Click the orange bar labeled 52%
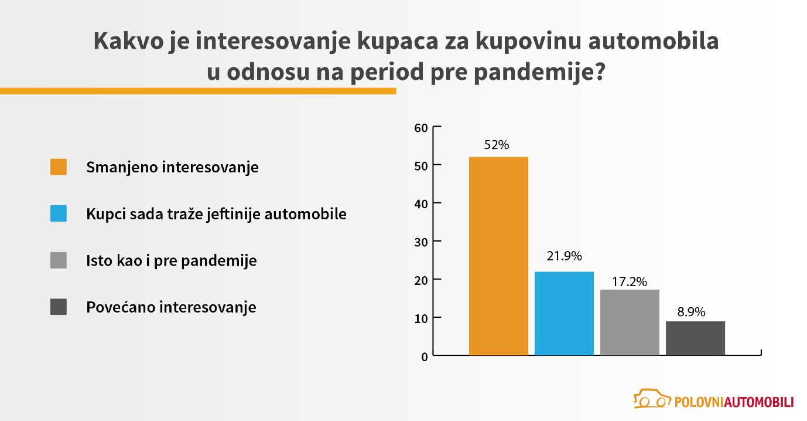point(498,256)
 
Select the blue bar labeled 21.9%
point(564,314)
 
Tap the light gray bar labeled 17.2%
point(630,322)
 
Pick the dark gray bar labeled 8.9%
point(695,338)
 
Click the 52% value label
point(497,145)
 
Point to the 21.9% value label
point(564,256)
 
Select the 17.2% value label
point(630,282)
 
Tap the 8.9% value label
point(692,312)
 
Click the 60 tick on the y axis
point(421,128)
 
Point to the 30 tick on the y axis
point(421,242)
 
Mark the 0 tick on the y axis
point(425,357)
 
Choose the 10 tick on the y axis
point(421,319)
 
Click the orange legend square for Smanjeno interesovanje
point(59,167)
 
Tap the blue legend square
point(59,213)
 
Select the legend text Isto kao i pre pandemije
point(172,261)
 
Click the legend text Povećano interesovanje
point(171,307)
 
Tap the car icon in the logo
point(652,399)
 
